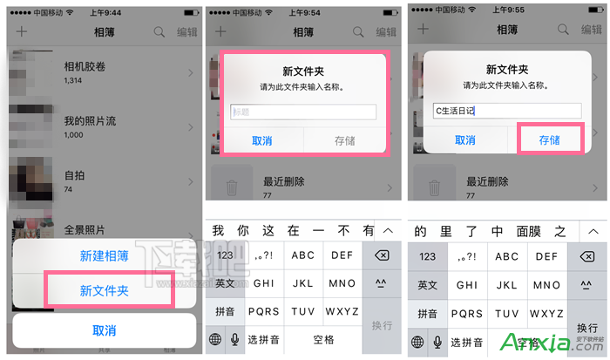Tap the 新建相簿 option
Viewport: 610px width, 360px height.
click(x=105, y=256)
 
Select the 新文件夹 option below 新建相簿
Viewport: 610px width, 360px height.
click(x=105, y=290)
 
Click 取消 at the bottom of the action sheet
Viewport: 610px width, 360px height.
click(x=105, y=330)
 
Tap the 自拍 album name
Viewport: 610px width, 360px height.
click(x=75, y=175)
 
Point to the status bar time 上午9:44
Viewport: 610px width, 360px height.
click(x=103, y=12)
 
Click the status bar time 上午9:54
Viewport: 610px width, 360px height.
click(x=303, y=12)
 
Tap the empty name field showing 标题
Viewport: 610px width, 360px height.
click(x=303, y=112)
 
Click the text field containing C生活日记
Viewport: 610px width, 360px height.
click(x=506, y=111)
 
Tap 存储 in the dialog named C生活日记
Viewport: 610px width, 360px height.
click(x=549, y=139)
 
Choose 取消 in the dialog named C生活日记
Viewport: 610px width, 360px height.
click(x=465, y=139)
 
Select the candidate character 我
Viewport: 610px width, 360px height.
click(x=218, y=231)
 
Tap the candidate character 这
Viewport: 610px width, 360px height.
click(x=268, y=231)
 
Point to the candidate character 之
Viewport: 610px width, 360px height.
click(x=560, y=231)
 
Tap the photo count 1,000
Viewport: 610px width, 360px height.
click(x=75, y=135)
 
